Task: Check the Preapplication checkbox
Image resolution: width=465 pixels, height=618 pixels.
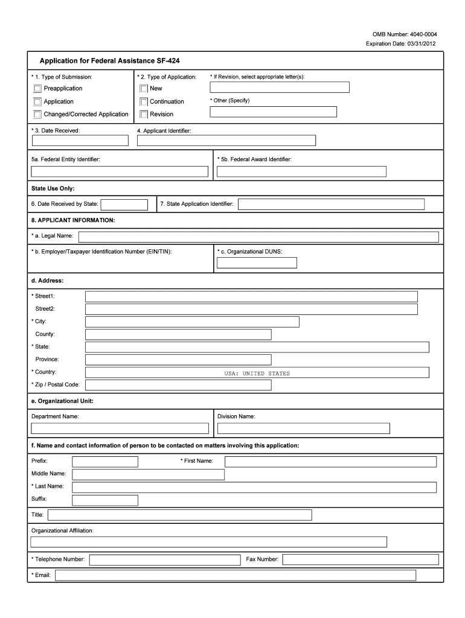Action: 38,89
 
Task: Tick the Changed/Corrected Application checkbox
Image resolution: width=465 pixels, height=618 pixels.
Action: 38,114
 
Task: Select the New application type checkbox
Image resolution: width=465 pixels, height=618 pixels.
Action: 144,89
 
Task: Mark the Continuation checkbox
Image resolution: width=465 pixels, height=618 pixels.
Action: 144,101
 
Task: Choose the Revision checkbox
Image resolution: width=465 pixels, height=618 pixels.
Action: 144,114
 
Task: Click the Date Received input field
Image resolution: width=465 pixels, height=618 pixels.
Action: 80,141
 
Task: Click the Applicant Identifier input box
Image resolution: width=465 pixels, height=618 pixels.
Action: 226,141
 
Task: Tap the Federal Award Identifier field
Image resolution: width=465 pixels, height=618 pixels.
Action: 301,171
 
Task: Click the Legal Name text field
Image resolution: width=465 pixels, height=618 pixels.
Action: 258,236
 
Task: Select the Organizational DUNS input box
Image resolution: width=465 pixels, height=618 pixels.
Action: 257,263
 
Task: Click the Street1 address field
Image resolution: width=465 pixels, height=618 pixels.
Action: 251,296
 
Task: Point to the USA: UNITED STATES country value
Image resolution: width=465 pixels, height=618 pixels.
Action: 257,373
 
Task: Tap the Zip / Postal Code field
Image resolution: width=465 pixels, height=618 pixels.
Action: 178,385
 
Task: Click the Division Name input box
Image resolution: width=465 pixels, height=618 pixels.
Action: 303,428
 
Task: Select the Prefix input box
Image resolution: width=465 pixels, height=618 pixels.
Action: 104,462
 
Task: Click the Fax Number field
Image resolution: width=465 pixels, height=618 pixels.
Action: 359,559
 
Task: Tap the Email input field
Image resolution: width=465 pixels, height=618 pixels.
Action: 236,575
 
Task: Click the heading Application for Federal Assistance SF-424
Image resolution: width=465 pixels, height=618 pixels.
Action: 109,61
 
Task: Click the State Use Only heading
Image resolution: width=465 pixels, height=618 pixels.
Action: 53,188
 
